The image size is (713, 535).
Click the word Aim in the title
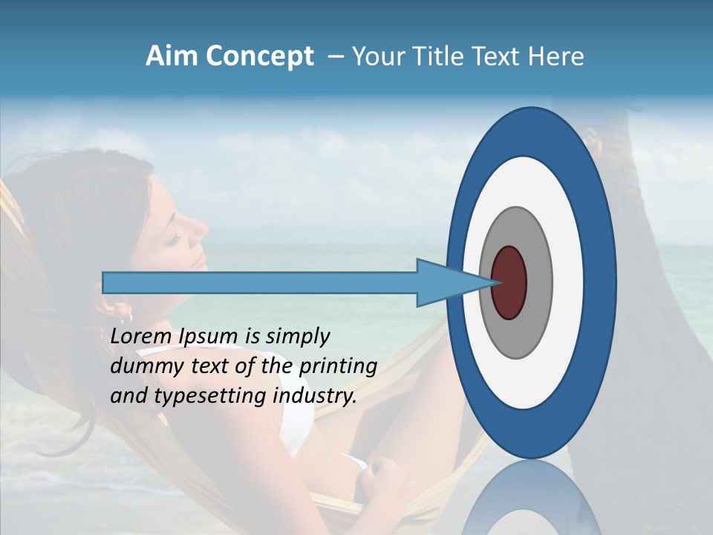click(x=171, y=57)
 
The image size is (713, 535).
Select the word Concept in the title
click(x=258, y=57)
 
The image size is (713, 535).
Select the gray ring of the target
click(x=540, y=282)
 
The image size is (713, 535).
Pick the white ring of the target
click(x=568, y=282)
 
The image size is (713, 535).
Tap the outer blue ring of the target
click(x=600, y=282)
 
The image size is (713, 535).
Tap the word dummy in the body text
click(x=140, y=366)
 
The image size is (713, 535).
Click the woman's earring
click(x=128, y=318)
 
